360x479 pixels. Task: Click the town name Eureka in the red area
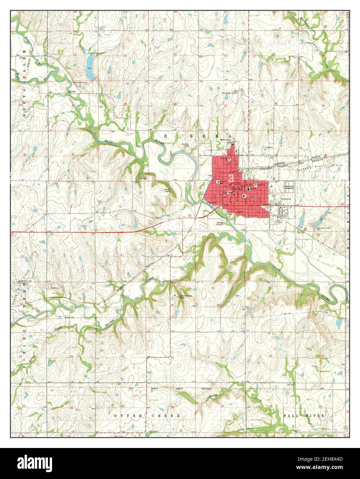(237, 190)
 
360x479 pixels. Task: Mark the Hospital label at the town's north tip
(231, 142)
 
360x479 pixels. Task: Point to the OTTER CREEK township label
(147, 416)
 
